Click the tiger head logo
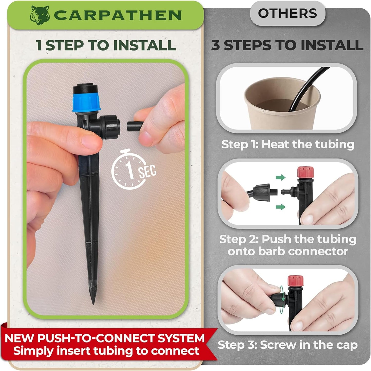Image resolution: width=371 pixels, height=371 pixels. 40,15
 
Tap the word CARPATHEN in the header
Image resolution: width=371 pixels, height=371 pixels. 118,15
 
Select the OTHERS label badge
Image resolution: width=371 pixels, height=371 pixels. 288,13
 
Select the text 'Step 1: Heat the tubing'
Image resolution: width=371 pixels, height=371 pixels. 288,144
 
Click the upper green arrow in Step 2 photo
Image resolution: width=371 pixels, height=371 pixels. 281,177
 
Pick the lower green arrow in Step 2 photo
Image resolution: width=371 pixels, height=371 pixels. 281,207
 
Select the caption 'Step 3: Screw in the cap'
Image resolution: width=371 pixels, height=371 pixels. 288,345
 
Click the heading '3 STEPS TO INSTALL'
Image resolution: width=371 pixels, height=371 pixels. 287,45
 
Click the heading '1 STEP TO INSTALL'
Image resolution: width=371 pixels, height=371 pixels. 106,45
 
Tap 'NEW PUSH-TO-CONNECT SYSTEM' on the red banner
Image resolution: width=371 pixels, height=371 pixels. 104,338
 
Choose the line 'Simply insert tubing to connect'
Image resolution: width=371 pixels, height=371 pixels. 106,351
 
